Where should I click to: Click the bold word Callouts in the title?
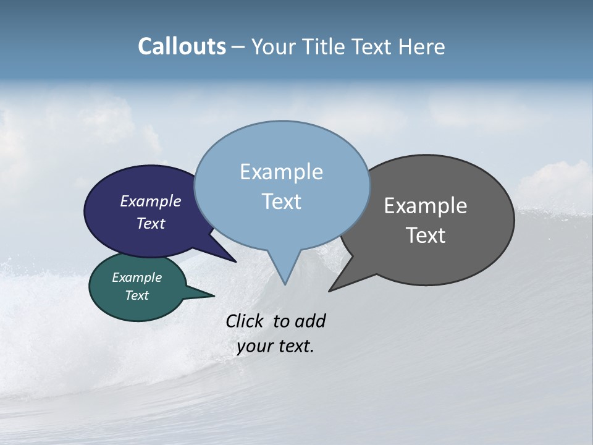pyautogui.click(x=182, y=46)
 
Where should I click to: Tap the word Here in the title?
pyautogui.click(x=422, y=47)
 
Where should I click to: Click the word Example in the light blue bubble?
pyautogui.click(x=281, y=172)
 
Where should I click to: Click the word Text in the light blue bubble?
pyautogui.click(x=281, y=201)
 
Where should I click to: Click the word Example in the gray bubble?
pyautogui.click(x=426, y=206)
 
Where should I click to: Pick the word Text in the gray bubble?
pyautogui.click(x=426, y=235)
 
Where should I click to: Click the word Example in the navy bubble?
pyautogui.click(x=150, y=201)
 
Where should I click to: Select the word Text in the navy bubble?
pyautogui.click(x=150, y=224)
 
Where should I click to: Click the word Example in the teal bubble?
pyautogui.click(x=137, y=278)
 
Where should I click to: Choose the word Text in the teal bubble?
pyautogui.click(x=137, y=295)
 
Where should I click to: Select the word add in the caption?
pyautogui.click(x=310, y=321)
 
